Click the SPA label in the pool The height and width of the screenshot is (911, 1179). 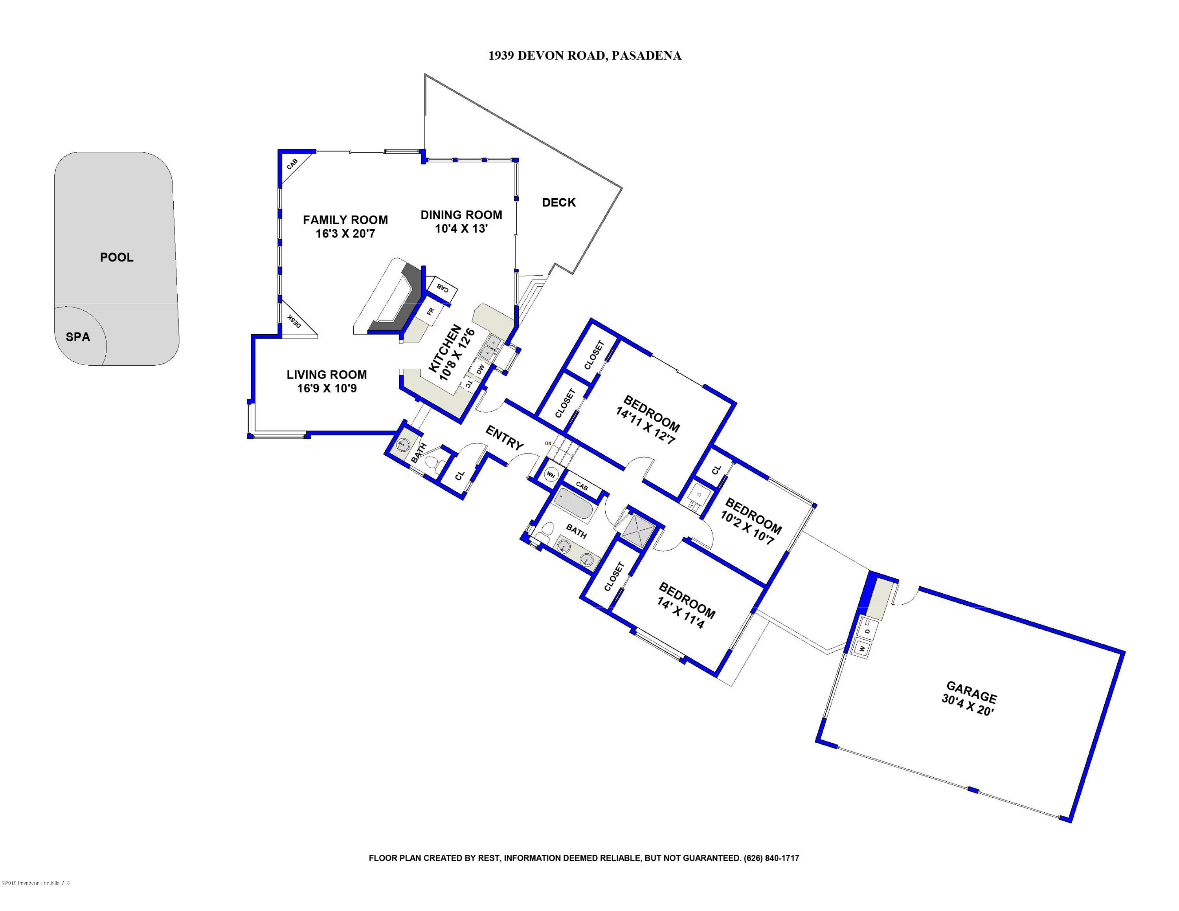click(78, 337)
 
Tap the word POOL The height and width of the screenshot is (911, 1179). click(117, 257)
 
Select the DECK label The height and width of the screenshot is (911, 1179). click(559, 202)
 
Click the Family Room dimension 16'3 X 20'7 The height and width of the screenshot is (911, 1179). click(345, 234)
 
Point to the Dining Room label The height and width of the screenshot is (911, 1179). click(461, 215)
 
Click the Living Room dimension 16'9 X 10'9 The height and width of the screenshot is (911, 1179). click(327, 388)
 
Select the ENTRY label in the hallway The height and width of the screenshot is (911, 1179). click(504, 437)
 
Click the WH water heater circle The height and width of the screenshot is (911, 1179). click(551, 475)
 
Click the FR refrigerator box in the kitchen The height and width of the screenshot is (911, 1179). click(430, 311)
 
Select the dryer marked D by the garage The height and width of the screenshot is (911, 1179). click(867, 631)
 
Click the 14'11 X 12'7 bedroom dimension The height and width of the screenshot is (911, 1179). click(645, 427)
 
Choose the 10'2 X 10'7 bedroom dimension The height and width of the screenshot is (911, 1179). click(747, 530)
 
